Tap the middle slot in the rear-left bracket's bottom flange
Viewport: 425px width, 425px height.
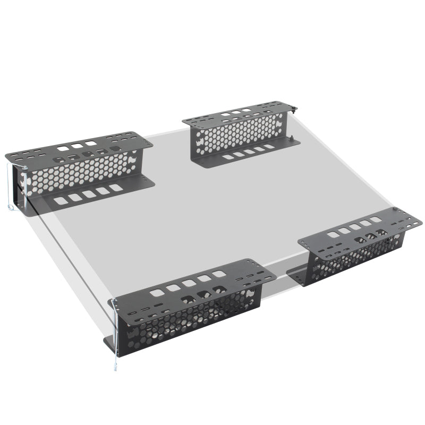pos(89,194)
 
